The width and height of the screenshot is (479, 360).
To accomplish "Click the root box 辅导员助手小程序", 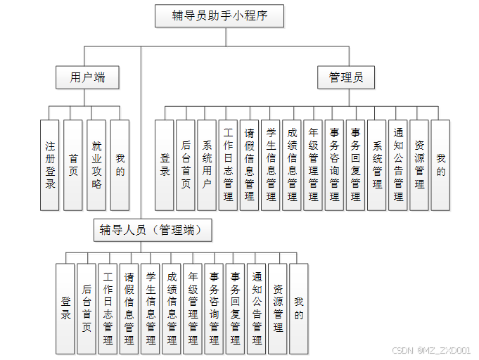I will [219, 16].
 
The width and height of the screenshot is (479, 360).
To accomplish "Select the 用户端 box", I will [87, 77].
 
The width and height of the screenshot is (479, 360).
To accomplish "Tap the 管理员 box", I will [346, 77].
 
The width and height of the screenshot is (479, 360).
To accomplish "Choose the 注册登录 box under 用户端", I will [50, 165].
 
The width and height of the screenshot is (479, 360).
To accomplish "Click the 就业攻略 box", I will [96, 165].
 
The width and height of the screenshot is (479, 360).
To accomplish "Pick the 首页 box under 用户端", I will [73, 165].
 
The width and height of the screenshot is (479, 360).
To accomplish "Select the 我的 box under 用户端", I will [120, 165].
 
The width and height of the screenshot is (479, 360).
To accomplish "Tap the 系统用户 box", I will [207, 165].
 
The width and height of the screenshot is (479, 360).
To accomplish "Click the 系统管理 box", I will [377, 165].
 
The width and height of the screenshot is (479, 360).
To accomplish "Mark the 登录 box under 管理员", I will [165, 165].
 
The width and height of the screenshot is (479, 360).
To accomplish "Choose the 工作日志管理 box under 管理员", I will [228, 165].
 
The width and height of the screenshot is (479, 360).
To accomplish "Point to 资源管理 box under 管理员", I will [419, 165].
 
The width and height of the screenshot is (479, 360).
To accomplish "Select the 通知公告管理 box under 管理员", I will [398, 165].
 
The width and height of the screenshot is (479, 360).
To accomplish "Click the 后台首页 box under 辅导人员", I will [87, 308].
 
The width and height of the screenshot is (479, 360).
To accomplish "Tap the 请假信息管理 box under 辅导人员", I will [129, 308].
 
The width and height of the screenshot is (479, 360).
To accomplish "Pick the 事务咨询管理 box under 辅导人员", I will [214, 308].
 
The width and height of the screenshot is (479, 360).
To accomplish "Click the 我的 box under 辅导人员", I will [299, 308].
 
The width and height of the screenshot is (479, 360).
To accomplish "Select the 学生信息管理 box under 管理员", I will [271, 165].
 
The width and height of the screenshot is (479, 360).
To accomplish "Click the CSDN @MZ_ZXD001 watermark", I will [430, 350].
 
